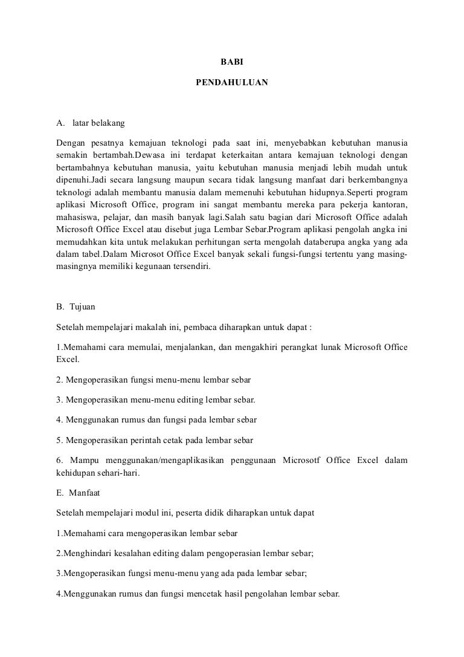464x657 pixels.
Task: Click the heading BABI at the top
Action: point(231,61)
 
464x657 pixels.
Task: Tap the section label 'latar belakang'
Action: point(98,123)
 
